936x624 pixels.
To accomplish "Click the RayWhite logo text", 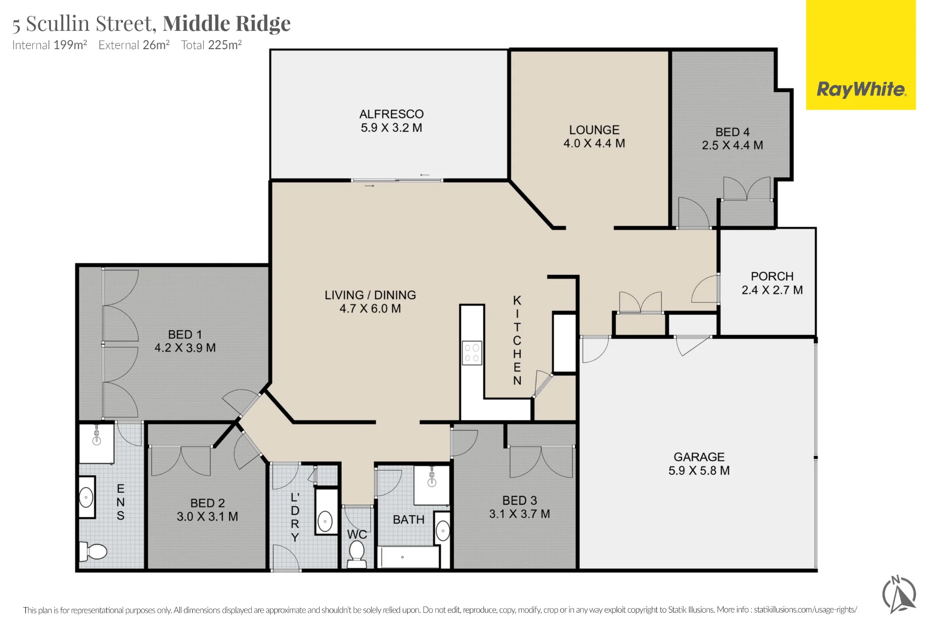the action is coord(861,89).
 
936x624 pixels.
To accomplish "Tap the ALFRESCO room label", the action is coord(391,114).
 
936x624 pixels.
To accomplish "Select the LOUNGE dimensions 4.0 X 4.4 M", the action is coord(594,143).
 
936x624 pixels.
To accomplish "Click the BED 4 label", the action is coord(732,132).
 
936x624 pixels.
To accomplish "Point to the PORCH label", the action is coord(772,276).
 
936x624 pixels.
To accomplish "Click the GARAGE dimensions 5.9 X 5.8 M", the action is coord(699,470).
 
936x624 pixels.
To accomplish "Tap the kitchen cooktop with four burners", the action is coord(472,353).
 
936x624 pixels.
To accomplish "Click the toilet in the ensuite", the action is coord(93,551).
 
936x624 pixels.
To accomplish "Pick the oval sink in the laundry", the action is coord(325,521).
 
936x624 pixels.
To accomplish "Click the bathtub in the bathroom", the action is coord(409,557).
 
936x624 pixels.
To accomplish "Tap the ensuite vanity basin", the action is coord(86,497).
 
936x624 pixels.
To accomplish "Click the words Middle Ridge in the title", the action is coord(227,23).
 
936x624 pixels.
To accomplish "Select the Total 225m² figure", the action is coord(211,45).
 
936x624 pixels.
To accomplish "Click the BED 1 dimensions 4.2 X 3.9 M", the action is coord(185,348).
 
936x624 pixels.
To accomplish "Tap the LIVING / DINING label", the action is coord(370,295).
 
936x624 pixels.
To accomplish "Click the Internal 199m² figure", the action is coord(50,45).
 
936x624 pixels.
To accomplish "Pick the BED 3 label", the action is coord(519,500).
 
